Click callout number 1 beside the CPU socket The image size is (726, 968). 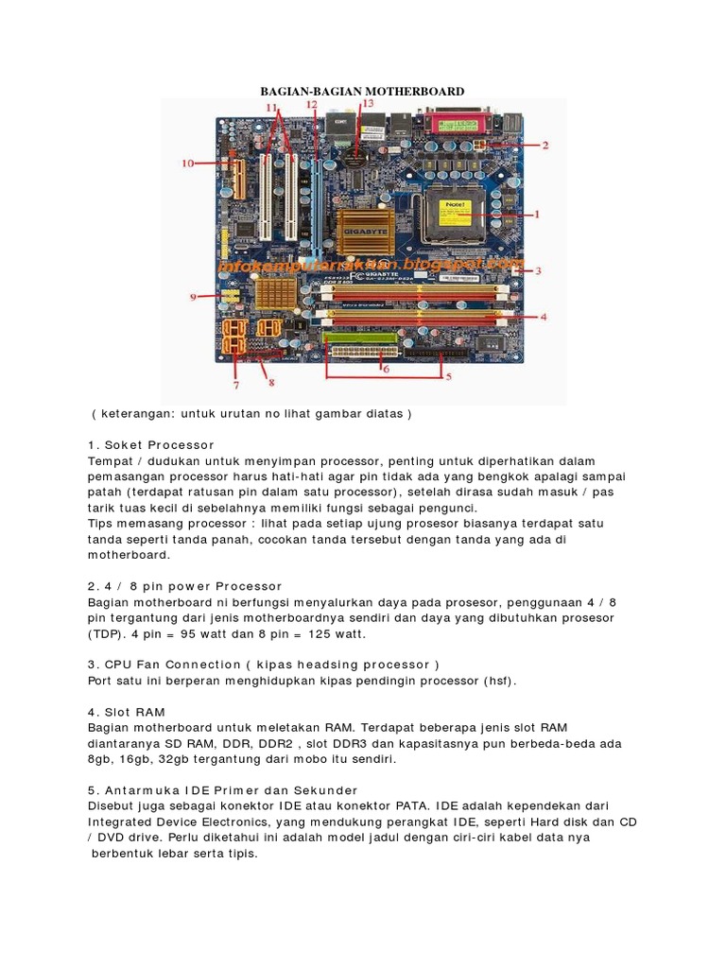[537, 215]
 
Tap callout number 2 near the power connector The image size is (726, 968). [544, 146]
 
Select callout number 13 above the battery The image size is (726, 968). [367, 102]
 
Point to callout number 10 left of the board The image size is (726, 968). [187, 164]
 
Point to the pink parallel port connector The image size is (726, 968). [459, 123]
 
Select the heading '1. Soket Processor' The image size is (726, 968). [151, 444]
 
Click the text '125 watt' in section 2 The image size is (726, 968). [336, 633]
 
